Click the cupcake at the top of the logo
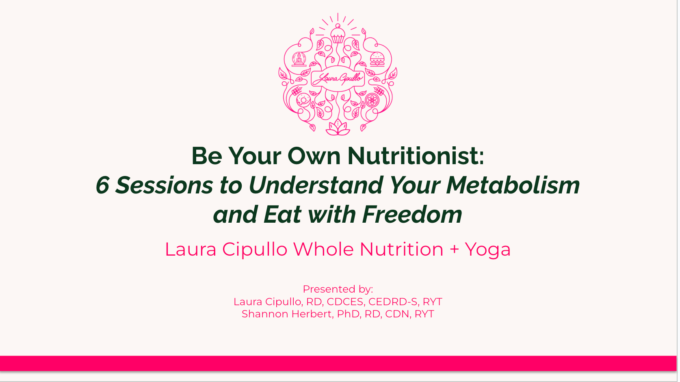pyautogui.click(x=338, y=34)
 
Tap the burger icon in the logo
pyautogui.click(x=377, y=59)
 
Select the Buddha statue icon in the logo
pyautogui.click(x=299, y=59)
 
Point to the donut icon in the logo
pyautogui.click(x=303, y=100)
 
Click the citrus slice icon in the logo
pyautogui.click(x=372, y=100)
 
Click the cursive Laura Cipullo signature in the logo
pyautogui.click(x=338, y=78)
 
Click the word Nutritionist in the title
pyautogui.click(x=416, y=156)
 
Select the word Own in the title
pyautogui.click(x=314, y=156)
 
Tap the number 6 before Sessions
pyautogui.click(x=102, y=185)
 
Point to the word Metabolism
pyautogui.click(x=513, y=185)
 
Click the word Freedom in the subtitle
pyautogui.click(x=412, y=215)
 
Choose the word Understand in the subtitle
pyautogui.click(x=315, y=185)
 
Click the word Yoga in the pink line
pyautogui.click(x=488, y=250)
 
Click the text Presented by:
pyautogui.click(x=338, y=289)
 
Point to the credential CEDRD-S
pyautogui.click(x=393, y=302)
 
